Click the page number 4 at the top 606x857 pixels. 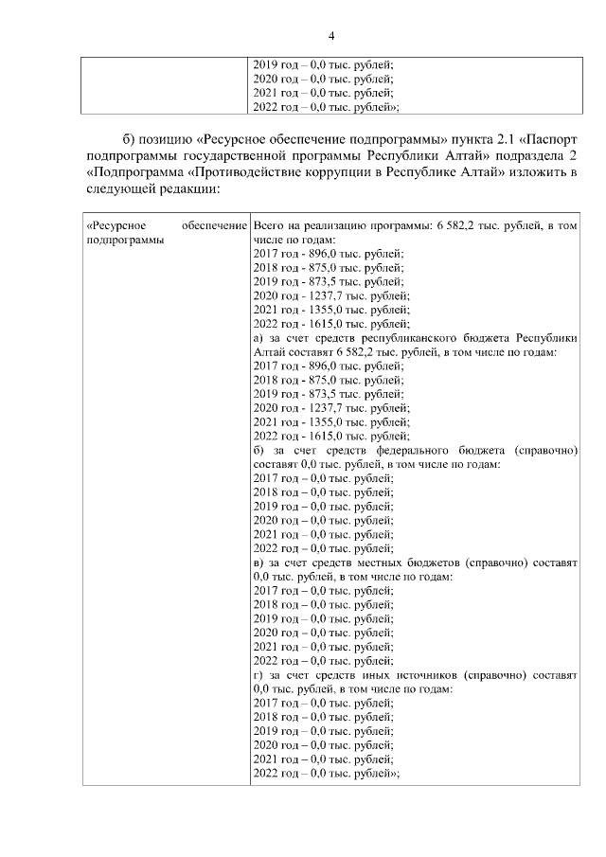click(x=331, y=36)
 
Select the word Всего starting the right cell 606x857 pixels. click(x=270, y=226)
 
